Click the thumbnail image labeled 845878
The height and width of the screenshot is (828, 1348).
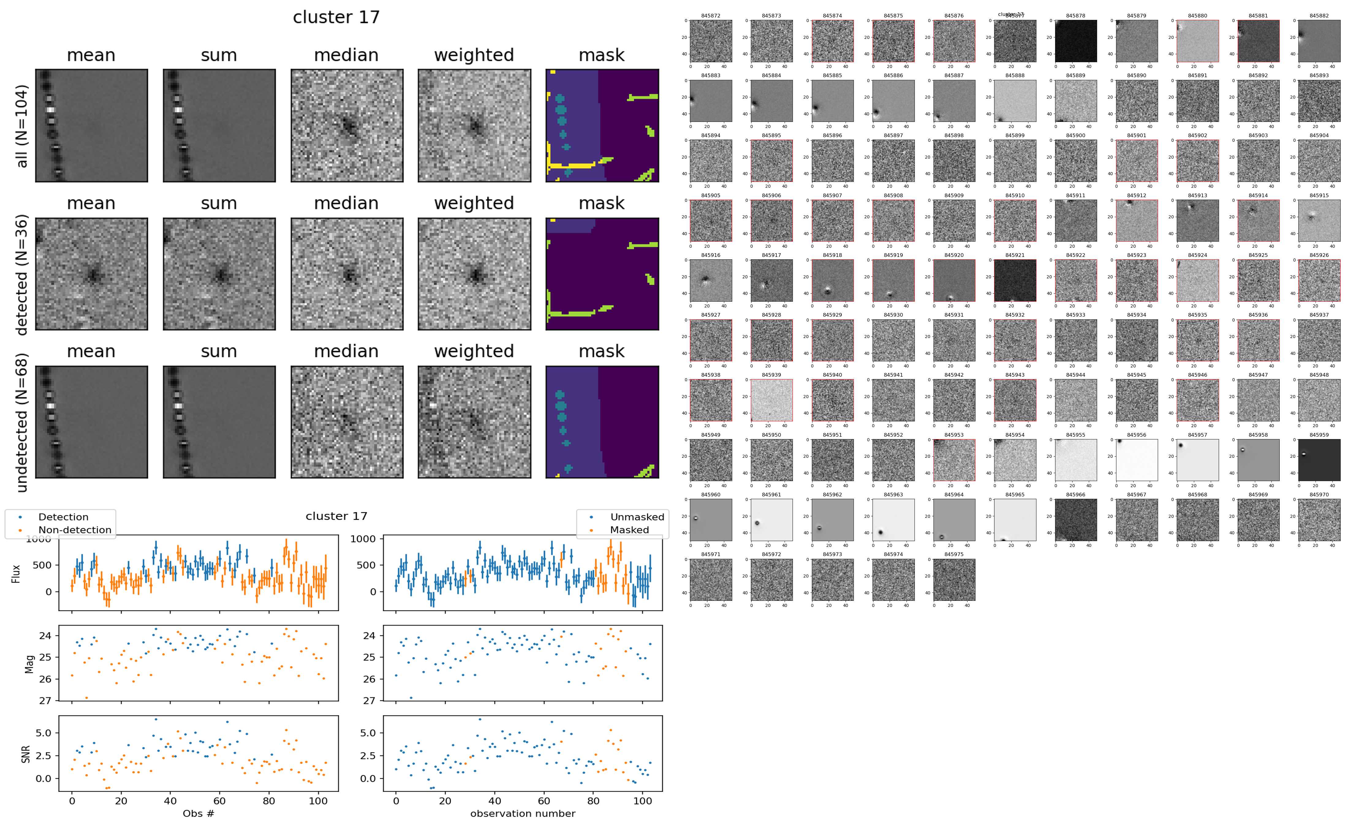(1076, 41)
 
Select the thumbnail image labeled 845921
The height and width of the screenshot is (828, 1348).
(1015, 280)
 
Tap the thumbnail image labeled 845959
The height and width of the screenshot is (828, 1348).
(1319, 460)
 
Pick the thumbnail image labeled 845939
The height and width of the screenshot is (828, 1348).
(771, 400)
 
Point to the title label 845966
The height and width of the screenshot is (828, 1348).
(1076, 495)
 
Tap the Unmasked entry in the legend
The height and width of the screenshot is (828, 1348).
(637, 517)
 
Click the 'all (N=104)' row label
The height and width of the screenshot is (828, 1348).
(22, 126)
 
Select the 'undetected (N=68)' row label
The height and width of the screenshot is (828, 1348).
(22, 422)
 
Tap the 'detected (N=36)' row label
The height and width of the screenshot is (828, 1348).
(22, 274)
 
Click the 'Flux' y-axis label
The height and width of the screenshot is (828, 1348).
(16, 573)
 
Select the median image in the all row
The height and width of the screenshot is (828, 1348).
(347, 126)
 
